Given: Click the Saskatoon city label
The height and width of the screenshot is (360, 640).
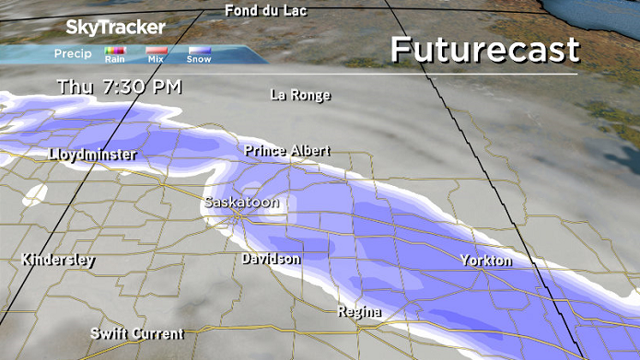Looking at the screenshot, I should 240,202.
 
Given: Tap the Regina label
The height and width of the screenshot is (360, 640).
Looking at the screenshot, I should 359,311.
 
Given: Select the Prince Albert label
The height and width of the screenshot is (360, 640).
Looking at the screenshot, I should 286,150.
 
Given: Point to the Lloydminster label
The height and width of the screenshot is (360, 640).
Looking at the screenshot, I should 92,155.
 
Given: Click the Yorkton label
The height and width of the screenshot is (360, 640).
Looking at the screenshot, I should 485,261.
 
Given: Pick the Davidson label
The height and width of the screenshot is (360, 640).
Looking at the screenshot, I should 271,259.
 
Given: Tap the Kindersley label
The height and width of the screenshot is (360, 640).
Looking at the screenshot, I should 57,260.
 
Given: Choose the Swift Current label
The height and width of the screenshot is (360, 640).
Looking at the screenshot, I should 136,333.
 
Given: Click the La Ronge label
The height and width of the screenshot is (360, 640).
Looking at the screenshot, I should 300,94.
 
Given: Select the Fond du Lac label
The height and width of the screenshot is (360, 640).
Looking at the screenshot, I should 267,11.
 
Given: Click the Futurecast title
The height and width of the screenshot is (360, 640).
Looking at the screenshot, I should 484,50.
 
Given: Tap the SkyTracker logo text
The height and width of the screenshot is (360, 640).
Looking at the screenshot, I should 116,28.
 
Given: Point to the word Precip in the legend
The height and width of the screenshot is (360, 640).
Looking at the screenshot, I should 73,53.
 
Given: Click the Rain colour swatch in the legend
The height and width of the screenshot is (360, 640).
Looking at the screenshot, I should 115,51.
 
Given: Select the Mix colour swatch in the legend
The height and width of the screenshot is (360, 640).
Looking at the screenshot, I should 157,51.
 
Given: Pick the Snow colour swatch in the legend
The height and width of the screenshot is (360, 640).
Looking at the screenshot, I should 199,51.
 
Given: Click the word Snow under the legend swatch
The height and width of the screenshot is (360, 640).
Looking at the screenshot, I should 199,60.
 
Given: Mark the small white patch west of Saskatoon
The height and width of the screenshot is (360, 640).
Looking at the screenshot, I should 37,195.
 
